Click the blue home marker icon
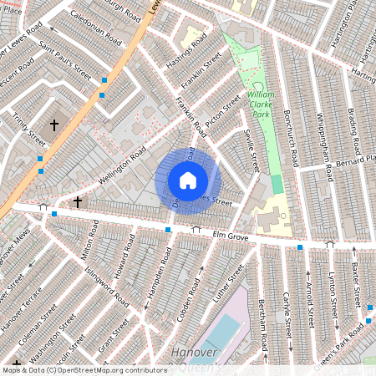tap(188, 180)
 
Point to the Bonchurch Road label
tap(297, 133)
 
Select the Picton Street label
tap(222, 108)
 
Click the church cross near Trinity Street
tap(54, 124)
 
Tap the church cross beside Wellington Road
tap(78, 202)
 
